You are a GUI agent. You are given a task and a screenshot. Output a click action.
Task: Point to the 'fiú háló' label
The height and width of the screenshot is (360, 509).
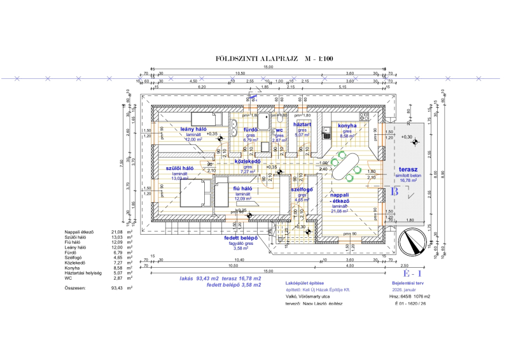244,189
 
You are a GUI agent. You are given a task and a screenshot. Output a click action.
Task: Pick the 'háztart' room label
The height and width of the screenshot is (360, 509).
302,125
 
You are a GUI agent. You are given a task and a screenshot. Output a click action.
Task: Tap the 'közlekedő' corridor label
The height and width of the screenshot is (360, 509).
249,162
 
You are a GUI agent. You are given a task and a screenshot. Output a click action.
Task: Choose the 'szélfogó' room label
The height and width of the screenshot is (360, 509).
302,190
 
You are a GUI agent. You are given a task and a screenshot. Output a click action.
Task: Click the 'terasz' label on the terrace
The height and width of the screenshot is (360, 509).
407,170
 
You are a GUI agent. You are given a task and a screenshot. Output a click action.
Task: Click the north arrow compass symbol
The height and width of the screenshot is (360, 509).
414,243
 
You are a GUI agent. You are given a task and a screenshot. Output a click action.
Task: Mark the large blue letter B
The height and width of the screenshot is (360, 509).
394,190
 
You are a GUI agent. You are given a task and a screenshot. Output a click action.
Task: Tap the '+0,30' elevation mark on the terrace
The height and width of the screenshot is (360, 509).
406,137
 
